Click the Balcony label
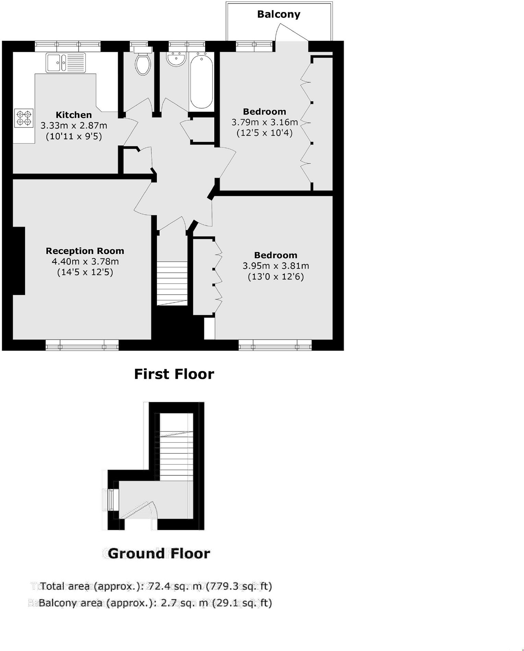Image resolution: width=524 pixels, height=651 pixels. pyautogui.click(x=278, y=14)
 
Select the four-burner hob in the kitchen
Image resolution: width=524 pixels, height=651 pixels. pyautogui.click(x=24, y=118)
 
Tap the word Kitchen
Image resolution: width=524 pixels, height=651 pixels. pyautogui.click(x=74, y=115)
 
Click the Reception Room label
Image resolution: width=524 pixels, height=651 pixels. pyautogui.click(x=85, y=251)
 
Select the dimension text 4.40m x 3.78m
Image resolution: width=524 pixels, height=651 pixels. pyautogui.click(x=85, y=262)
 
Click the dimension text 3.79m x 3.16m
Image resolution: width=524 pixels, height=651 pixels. pyautogui.click(x=265, y=122)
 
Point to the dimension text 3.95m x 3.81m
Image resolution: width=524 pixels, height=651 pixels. pyautogui.click(x=276, y=266)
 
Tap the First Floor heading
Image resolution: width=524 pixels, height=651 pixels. pyautogui.click(x=174, y=374)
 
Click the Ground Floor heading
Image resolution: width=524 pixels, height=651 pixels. pyautogui.click(x=158, y=554)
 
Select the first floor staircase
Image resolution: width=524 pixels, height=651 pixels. pyautogui.click(x=172, y=283)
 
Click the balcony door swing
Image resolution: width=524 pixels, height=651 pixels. pyautogui.click(x=291, y=33)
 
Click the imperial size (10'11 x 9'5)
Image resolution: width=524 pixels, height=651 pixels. pyautogui.click(x=74, y=136)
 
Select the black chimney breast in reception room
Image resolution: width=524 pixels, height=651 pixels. pyautogui.click(x=19, y=261)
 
